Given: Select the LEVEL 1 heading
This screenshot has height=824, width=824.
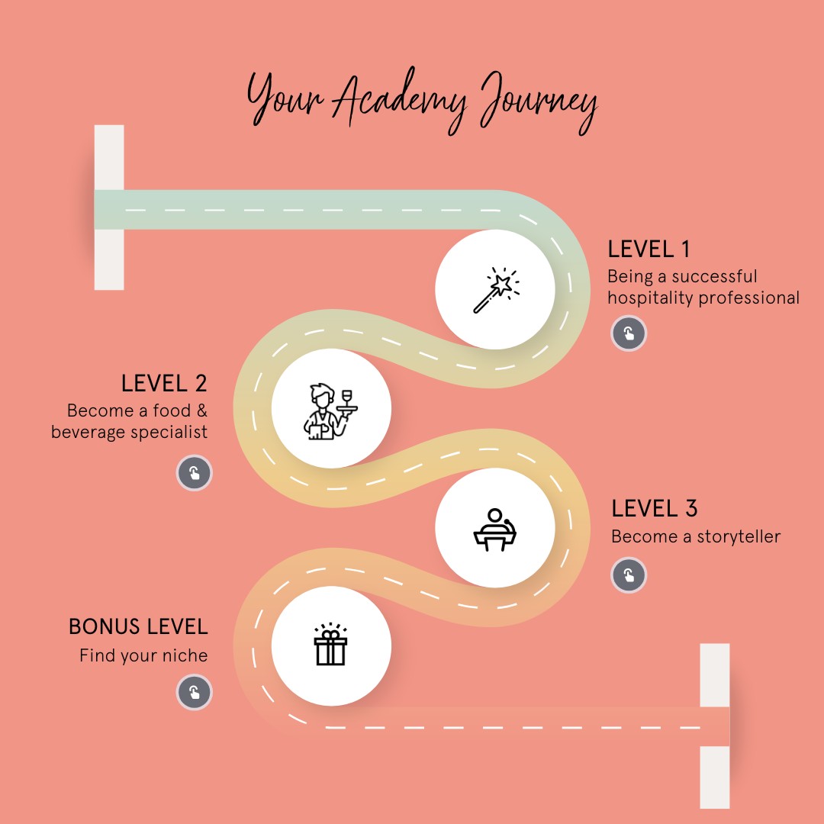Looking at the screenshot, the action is tap(649, 249).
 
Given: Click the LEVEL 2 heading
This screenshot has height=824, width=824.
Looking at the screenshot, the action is tap(164, 383).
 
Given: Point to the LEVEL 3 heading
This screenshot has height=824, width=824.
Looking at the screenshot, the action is tap(655, 508).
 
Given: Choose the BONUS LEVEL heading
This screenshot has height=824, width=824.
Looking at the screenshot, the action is tap(138, 626).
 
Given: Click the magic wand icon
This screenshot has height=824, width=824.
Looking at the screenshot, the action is tap(496, 290).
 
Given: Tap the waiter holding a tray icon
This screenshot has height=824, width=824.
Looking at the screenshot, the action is tap(330, 411).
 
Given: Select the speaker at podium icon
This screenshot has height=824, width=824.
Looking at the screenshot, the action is tap(494, 529).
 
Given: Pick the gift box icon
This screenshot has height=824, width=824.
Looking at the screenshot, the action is tap(330, 644).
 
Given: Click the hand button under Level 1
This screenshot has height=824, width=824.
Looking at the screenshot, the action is tap(629, 333).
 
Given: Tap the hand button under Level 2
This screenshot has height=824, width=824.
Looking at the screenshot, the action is tap(195, 473).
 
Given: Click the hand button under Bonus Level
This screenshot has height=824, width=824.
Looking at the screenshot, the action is tap(195, 692).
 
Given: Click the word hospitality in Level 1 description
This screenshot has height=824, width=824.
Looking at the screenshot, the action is tap(650, 298).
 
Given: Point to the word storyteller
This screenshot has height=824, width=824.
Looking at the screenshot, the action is tap(739, 536).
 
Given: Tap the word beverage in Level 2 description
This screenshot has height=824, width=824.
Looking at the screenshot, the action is tap(89, 432).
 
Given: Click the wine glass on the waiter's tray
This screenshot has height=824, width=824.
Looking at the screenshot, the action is tap(346, 398).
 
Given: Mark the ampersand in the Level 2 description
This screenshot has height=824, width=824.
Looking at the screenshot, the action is tap(202, 410).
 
